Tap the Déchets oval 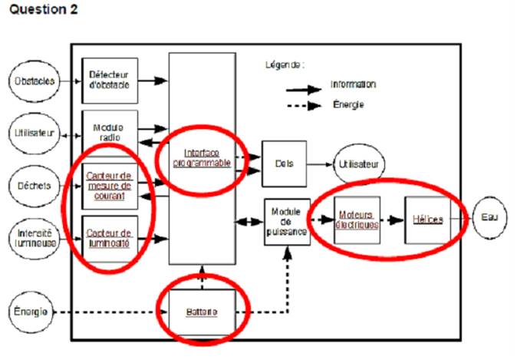pyautogui.click(x=33, y=186)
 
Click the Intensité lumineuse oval pyautogui.click(x=34, y=236)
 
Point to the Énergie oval pyautogui.click(x=33, y=312)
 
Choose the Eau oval pyautogui.click(x=490, y=217)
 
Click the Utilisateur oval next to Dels pyautogui.click(x=358, y=163)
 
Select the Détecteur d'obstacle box pyautogui.click(x=110, y=81)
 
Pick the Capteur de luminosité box pyautogui.click(x=110, y=236)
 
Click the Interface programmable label pyautogui.click(x=202, y=157)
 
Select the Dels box pyautogui.click(x=284, y=163)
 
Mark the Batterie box pyautogui.click(x=202, y=312)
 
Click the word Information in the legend pyautogui.click(x=353, y=84)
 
